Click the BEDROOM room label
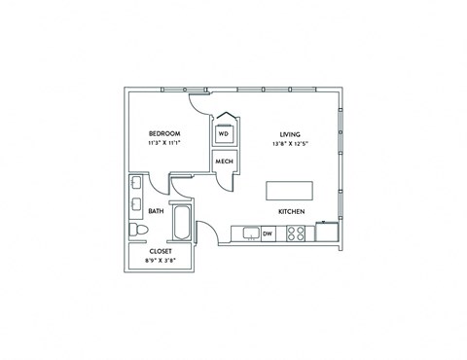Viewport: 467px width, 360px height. (x=162, y=133)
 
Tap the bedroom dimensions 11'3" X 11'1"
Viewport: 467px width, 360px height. (x=162, y=143)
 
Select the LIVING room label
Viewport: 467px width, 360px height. (x=290, y=134)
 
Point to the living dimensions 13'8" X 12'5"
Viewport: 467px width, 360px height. (x=290, y=144)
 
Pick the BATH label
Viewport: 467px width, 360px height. (x=156, y=210)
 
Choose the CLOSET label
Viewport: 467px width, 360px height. (x=161, y=251)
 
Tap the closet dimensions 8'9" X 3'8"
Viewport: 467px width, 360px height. (x=161, y=261)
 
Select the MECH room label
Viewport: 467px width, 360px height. (x=224, y=162)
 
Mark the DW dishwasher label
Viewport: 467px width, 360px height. (x=267, y=234)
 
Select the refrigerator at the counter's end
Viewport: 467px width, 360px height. (x=326, y=233)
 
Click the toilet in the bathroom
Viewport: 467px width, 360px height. (x=137, y=230)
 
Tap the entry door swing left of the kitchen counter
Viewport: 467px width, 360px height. (x=206, y=233)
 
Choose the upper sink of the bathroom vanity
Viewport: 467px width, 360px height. (x=134, y=185)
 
